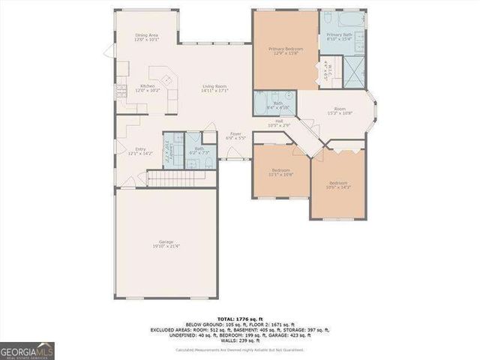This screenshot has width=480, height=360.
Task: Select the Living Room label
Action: (214, 88)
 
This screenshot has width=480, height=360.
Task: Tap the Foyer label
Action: (235, 136)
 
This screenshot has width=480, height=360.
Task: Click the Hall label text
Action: (278, 123)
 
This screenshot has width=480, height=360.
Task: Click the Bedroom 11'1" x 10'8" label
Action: (280, 172)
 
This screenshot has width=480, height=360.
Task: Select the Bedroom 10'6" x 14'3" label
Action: (338, 184)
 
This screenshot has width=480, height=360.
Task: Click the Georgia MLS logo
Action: (27, 350)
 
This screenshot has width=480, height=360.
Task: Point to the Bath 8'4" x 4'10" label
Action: (277, 105)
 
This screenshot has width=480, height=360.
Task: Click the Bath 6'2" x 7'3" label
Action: (199, 151)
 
